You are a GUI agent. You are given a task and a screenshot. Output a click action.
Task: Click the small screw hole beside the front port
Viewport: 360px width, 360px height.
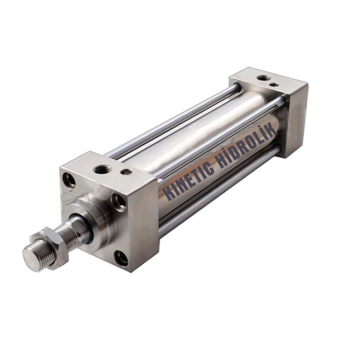[x=126, y=171]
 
